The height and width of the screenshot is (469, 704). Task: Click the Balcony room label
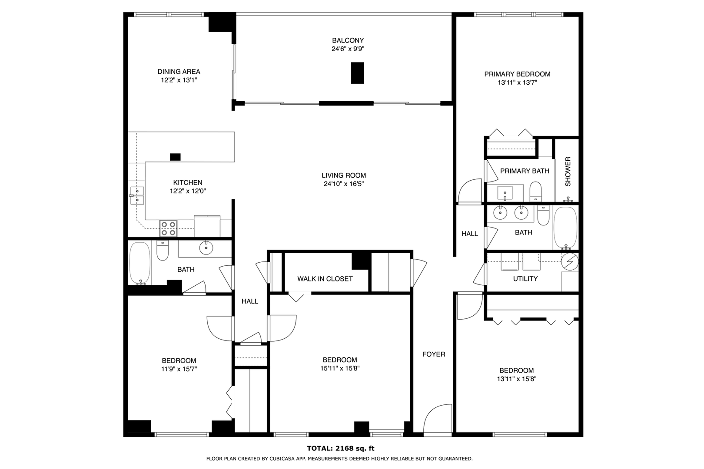click(348, 40)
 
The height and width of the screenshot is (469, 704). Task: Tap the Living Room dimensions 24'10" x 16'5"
click(344, 184)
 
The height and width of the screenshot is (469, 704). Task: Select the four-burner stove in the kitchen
click(168, 228)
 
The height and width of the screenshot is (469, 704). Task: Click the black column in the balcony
click(358, 73)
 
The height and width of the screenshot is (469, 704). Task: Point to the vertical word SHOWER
click(568, 172)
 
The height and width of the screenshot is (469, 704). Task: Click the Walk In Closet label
click(325, 279)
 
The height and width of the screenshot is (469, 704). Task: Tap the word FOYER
click(434, 354)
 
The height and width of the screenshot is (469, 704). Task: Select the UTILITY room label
click(525, 279)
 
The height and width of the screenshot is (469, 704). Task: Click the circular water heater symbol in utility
click(570, 261)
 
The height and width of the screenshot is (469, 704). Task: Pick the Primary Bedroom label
click(517, 74)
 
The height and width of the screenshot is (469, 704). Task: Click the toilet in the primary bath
click(535, 192)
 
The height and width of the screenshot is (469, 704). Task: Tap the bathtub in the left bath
click(140, 263)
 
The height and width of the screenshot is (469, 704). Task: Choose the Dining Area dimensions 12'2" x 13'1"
click(179, 80)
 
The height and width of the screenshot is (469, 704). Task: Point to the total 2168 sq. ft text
click(341, 448)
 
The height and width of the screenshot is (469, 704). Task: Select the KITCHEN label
click(188, 182)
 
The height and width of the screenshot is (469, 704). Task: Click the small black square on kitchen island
click(175, 157)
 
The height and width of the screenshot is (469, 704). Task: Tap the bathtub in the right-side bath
click(565, 228)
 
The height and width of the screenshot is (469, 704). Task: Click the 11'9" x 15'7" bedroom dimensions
click(179, 369)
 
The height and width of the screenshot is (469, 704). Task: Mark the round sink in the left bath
click(206, 248)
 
